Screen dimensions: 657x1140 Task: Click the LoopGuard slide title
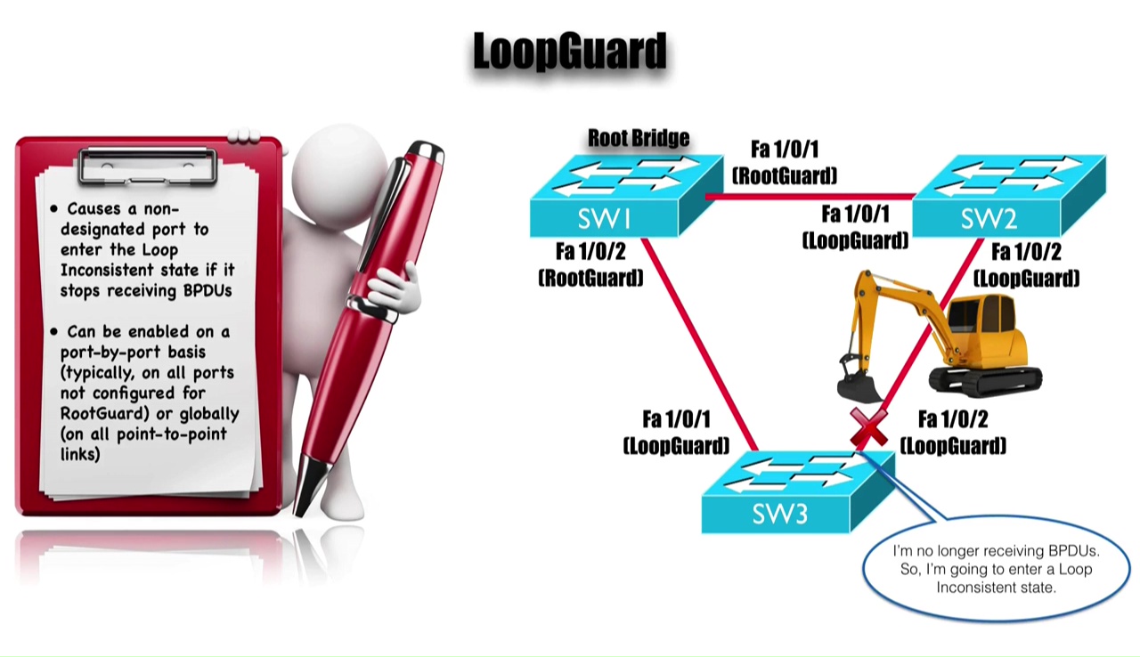pyautogui.click(x=569, y=52)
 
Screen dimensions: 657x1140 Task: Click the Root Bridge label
pyautogui.click(x=639, y=138)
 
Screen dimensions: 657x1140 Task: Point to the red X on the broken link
pyautogui.click(x=868, y=428)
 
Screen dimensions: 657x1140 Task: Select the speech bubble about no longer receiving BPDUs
pyautogui.click(x=996, y=569)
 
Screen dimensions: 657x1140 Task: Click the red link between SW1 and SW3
pyautogui.click(x=699, y=343)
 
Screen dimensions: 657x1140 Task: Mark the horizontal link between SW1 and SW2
pyautogui.click(x=810, y=195)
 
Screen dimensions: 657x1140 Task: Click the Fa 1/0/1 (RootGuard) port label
pyautogui.click(x=785, y=162)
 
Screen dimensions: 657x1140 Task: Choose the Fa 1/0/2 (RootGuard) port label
pyautogui.click(x=590, y=264)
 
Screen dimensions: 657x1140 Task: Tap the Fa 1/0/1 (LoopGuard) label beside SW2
pyautogui.click(x=856, y=227)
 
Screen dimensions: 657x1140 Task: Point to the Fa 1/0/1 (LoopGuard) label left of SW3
pyautogui.click(x=677, y=432)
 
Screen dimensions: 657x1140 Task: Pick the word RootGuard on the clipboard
pyautogui.click(x=98, y=413)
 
